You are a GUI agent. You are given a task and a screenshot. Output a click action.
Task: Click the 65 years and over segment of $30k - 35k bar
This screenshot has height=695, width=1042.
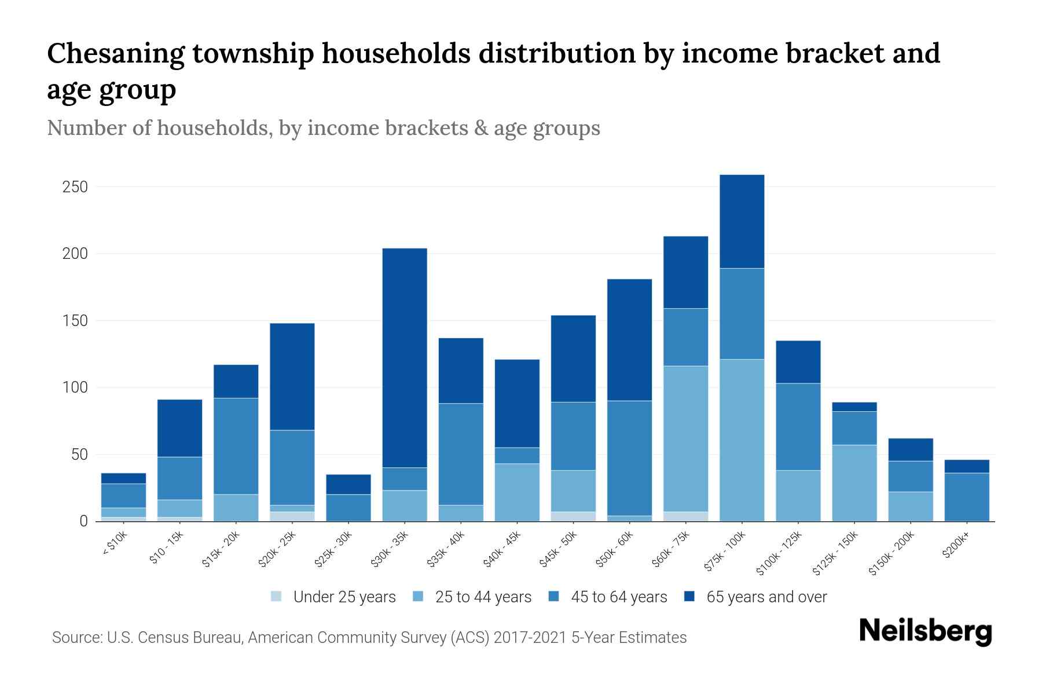pyautogui.click(x=405, y=357)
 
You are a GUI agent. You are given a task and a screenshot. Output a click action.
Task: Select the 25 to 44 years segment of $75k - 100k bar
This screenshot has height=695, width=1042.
pyautogui.click(x=742, y=440)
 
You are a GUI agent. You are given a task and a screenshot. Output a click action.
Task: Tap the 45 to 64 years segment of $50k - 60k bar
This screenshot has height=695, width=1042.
pyautogui.click(x=629, y=458)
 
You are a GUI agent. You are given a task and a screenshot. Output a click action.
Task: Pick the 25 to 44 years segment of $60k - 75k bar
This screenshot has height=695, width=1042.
pyautogui.click(x=686, y=438)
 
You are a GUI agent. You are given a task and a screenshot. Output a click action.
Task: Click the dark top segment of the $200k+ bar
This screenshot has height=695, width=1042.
pyautogui.click(x=967, y=466)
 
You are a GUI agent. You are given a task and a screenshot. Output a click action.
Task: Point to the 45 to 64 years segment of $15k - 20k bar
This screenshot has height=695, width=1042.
pyautogui.click(x=236, y=446)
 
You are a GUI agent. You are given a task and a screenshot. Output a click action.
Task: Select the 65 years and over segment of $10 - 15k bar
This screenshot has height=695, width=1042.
pyautogui.click(x=180, y=428)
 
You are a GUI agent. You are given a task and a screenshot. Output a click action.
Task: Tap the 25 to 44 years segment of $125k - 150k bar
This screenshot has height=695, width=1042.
pyautogui.click(x=854, y=482)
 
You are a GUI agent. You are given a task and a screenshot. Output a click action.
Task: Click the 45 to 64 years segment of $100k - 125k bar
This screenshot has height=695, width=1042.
pyautogui.click(x=798, y=427)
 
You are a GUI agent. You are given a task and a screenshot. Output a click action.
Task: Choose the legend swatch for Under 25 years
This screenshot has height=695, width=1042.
pyautogui.click(x=277, y=597)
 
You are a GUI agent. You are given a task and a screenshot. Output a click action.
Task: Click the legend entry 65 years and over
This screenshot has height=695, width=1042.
pyautogui.click(x=766, y=597)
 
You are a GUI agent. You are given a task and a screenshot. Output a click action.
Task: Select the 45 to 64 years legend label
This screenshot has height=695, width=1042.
pyautogui.click(x=619, y=597)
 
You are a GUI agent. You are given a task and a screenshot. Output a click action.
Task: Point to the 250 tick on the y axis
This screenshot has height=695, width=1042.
pyautogui.click(x=75, y=187)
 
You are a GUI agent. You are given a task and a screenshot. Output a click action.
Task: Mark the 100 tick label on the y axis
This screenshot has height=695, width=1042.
pyautogui.click(x=75, y=387)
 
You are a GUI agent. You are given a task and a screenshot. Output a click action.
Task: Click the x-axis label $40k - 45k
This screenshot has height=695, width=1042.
pyautogui.click(x=502, y=549)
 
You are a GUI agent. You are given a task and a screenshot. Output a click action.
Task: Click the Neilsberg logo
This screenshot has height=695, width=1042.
pyautogui.click(x=925, y=631)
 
